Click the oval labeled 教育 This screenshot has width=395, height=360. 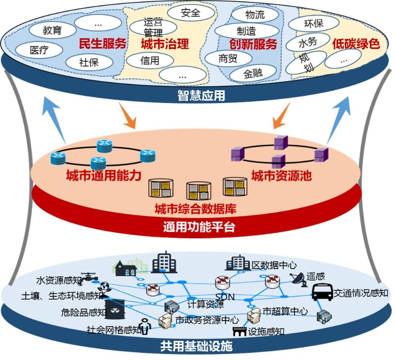52,31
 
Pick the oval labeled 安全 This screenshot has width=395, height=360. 190,13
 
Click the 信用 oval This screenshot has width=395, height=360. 150,60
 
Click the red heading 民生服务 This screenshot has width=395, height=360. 102,44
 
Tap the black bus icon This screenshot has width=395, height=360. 323,292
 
